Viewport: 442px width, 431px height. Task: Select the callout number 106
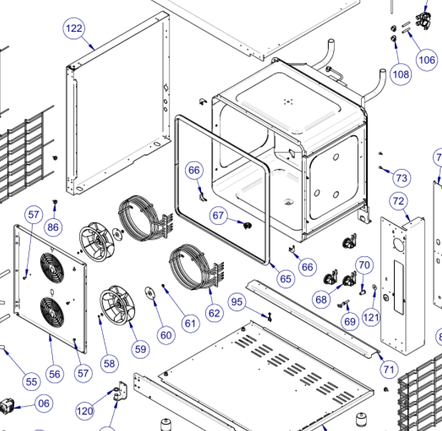click(426, 59)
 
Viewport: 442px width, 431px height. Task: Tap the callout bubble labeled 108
click(401, 74)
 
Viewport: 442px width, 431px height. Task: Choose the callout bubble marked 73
click(401, 178)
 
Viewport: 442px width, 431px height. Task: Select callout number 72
click(398, 202)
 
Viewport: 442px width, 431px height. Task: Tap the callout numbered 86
click(53, 228)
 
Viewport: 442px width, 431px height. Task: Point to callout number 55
click(31, 382)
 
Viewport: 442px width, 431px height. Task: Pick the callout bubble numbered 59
click(141, 349)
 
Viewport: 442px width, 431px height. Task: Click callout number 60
click(166, 335)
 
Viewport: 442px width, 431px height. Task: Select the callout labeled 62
click(215, 313)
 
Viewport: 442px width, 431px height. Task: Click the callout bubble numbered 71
click(388, 369)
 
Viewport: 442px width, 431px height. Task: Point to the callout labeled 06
click(44, 403)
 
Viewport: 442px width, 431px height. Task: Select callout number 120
click(85, 411)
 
